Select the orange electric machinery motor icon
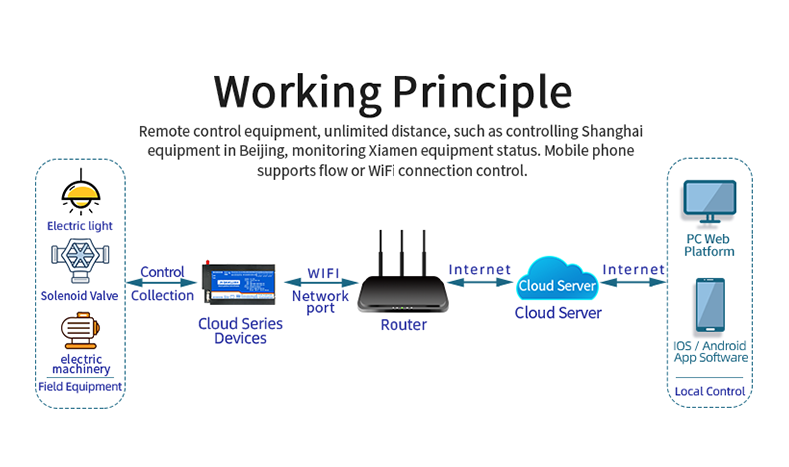(80, 331)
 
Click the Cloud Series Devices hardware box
(240, 284)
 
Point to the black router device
(403, 290)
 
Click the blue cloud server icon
(558, 281)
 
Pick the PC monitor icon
(709, 203)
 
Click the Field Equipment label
(80, 387)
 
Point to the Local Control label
(710, 391)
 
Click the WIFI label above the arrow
(321, 272)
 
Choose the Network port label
(320, 302)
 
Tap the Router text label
(403, 325)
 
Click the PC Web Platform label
(709, 245)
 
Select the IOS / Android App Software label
(710, 351)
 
